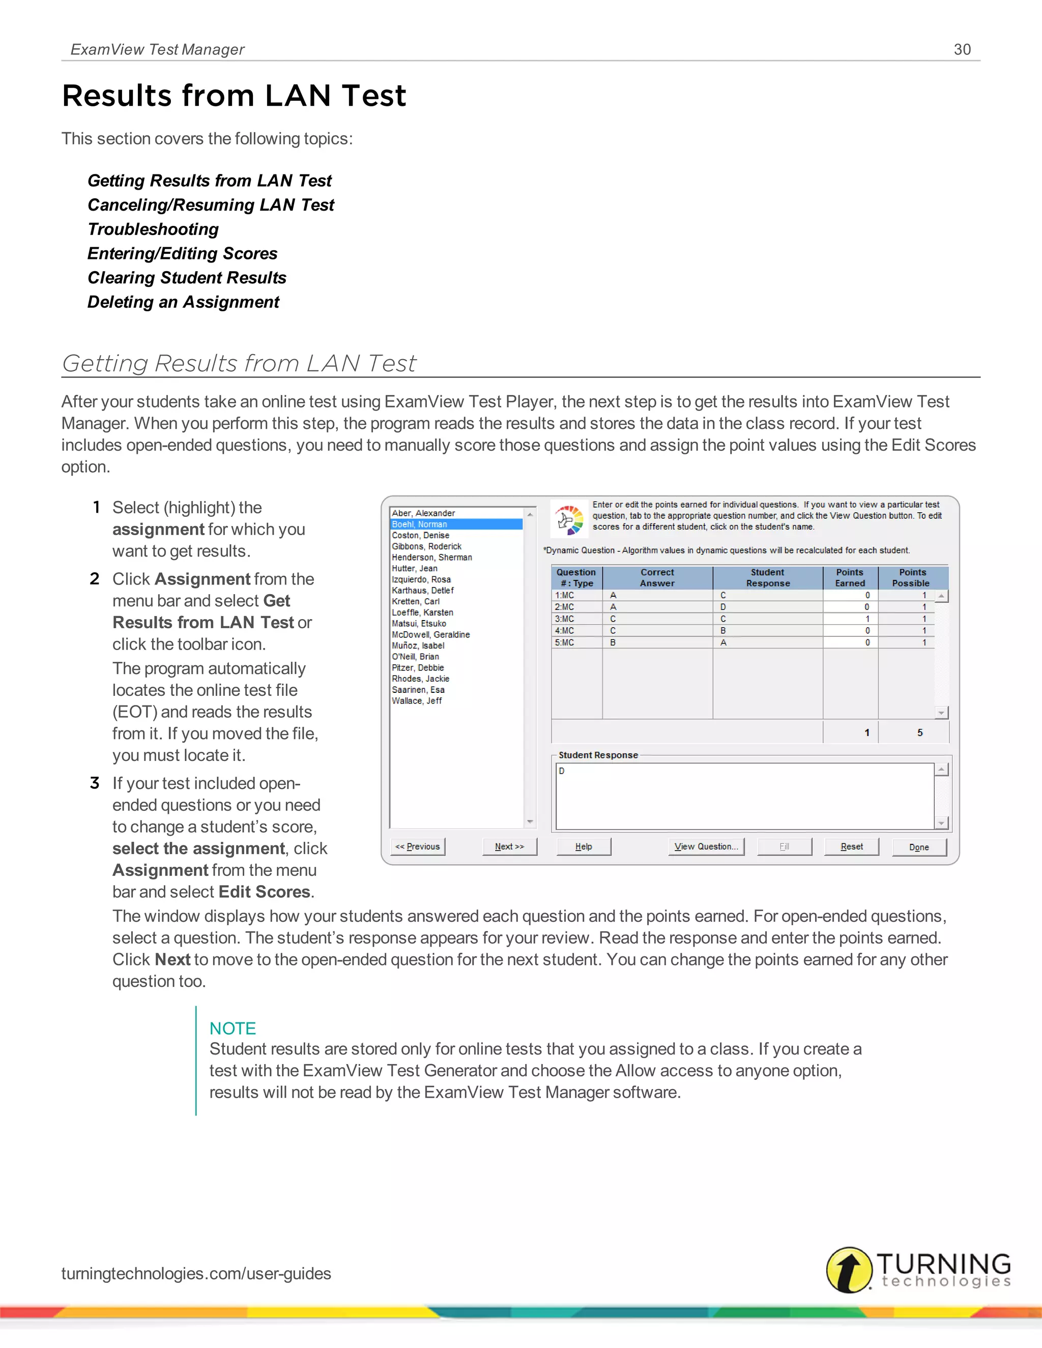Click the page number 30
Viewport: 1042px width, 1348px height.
click(x=962, y=49)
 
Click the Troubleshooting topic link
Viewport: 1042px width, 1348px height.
click(x=153, y=229)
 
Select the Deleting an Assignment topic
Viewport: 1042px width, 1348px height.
click(x=183, y=302)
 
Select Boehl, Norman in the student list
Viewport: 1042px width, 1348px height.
click(x=420, y=524)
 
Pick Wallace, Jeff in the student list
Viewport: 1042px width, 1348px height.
click(x=417, y=700)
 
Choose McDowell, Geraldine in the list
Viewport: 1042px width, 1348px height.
click(x=431, y=634)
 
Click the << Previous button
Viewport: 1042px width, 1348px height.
click(x=418, y=846)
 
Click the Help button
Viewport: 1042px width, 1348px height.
click(x=584, y=846)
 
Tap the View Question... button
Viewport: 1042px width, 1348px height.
click(x=706, y=846)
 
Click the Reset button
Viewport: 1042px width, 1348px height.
click(x=851, y=846)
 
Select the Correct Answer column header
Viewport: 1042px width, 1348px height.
click(x=657, y=578)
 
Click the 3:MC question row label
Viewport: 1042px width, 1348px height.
click(x=565, y=619)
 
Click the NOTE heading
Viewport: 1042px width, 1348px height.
click(x=232, y=1028)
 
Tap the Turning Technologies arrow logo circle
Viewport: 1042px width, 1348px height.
click(x=849, y=1270)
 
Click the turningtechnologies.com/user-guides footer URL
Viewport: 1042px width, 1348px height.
click(x=196, y=1273)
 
